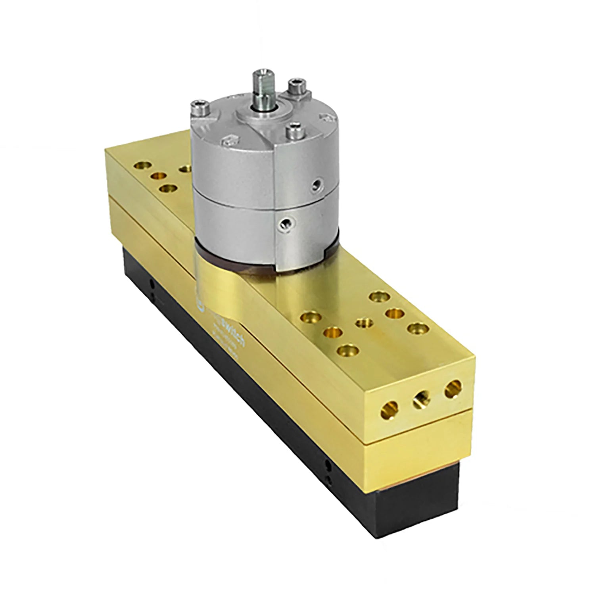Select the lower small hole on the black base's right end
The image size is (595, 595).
click(328, 479)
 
